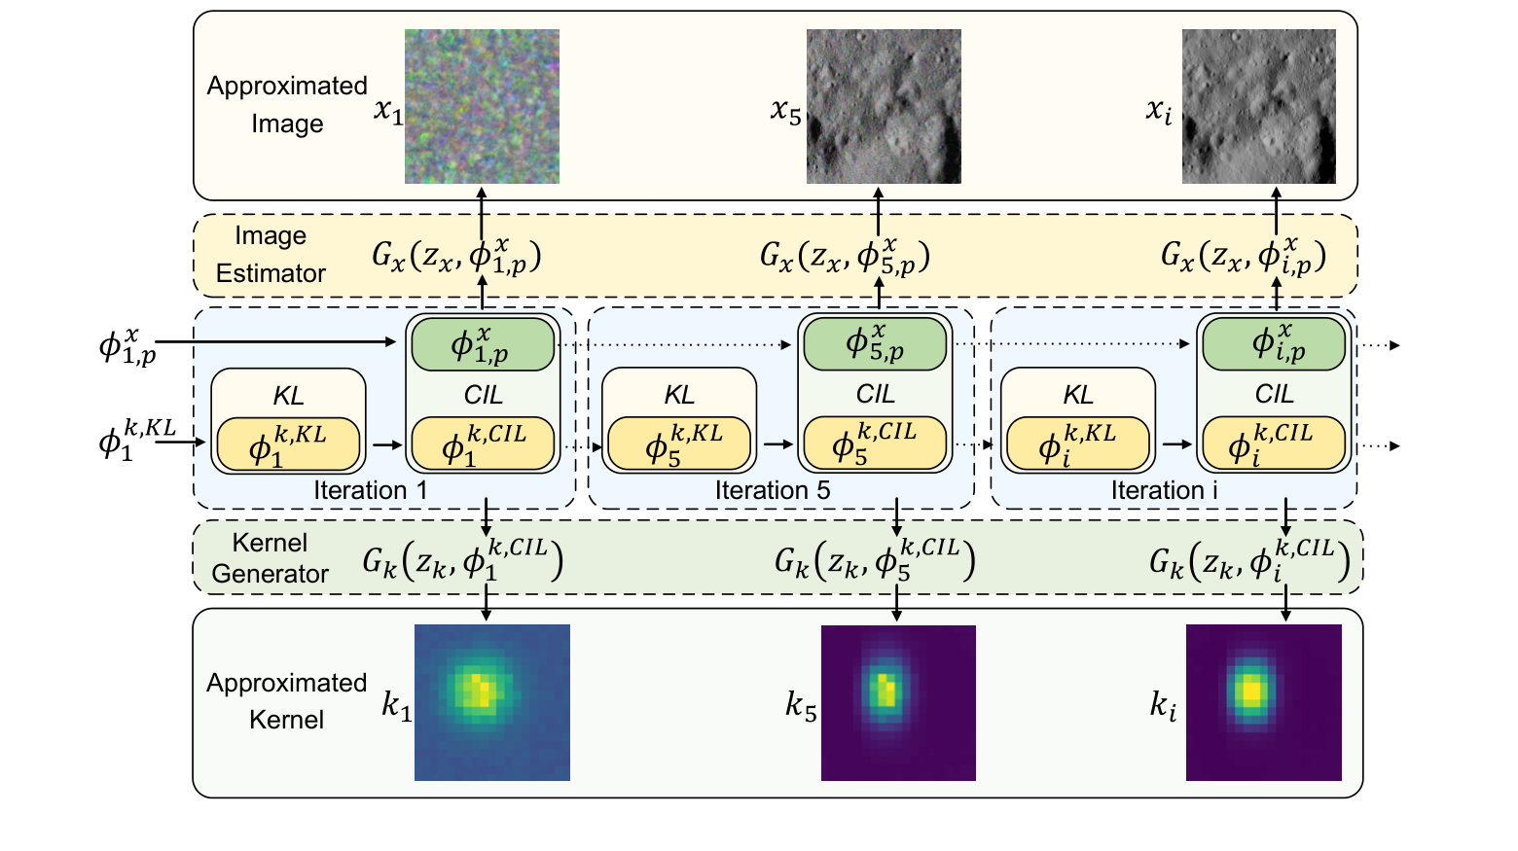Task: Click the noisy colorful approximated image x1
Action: click(x=482, y=106)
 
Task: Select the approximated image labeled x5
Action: click(x=884, y=106)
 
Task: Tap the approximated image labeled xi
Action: click(x=1258, y=106)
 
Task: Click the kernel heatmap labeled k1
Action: click(x=491, y=701)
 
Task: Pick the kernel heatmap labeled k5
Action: click(x=898, y=701)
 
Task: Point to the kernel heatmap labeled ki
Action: click(x=1263, y=701)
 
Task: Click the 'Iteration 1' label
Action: click(x=370, y=490)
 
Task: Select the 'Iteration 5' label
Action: click(x=773, y=490)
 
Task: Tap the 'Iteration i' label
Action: click(x=1164, y=490)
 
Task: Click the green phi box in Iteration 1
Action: click(x=483, y=344)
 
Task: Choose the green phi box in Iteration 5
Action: click(x=873, y=343)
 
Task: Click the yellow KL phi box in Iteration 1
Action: click(x=288, y=444)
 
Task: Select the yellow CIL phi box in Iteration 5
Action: click(x=873, y=443)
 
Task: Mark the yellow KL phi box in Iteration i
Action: click(x=1077, y=443)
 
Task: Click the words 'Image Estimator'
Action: click(x=271, y=255)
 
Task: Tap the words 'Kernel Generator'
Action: click(x=270, y=558)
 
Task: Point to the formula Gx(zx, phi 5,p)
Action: click(x=845, y=256)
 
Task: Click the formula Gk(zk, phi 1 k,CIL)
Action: click(x=462, y=560)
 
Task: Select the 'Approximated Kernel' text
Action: click(x=286, y=701)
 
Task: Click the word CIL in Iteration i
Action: click(x=1274, y=394)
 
